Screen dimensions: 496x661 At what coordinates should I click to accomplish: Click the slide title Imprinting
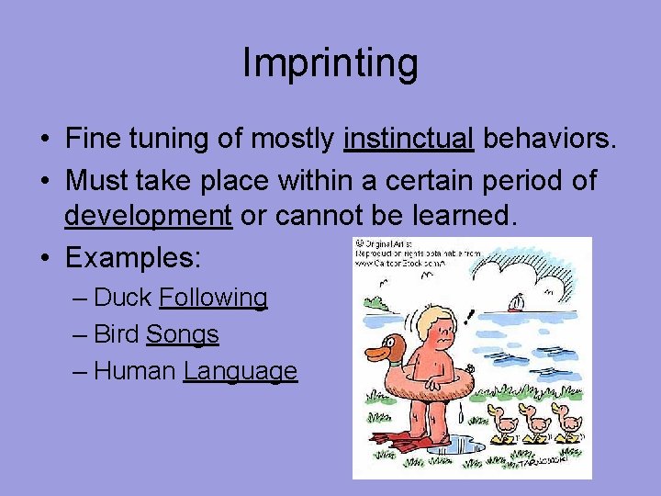(330, 63)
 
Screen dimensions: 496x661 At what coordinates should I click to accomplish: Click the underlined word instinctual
(409, 139)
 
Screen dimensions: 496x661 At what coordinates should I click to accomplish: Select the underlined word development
(148, 216)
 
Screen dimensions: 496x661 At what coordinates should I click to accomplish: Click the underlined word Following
(213, 298)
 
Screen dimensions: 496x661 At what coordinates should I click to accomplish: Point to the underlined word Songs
(183, 334)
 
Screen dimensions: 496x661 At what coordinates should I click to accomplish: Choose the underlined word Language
(241, 371)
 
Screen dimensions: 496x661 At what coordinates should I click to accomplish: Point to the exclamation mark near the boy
(470, 318)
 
